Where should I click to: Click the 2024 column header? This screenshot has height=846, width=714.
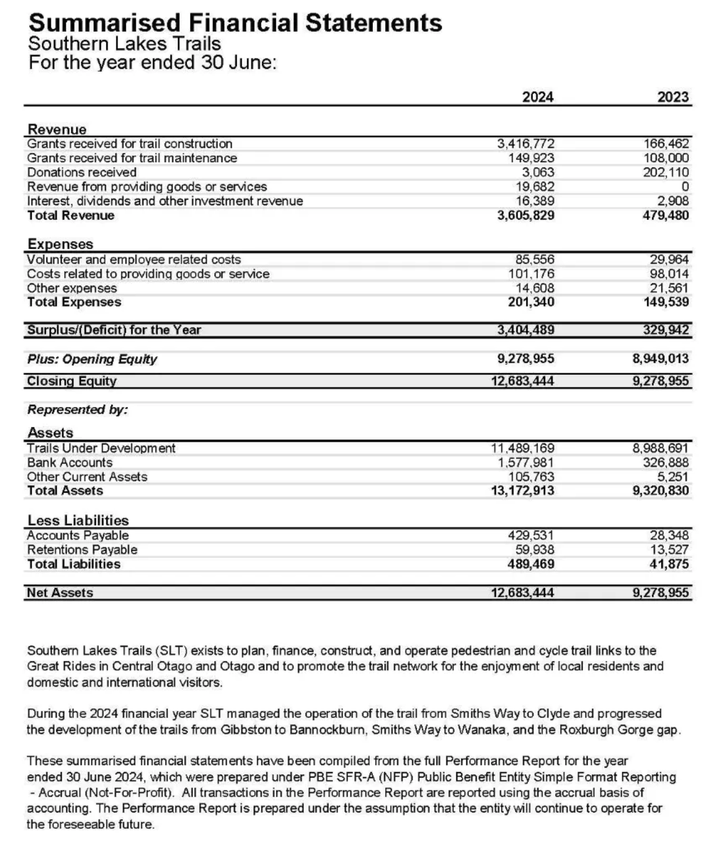pyautogui.click(x=537, y=97)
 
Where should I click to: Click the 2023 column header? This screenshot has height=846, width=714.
pyautogui.click(x=673, y=97)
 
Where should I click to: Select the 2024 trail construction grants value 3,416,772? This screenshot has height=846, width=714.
pyautogui.click(x=525, y=144)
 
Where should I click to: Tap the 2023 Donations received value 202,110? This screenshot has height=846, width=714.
pyautogui.click(x=665, y=173)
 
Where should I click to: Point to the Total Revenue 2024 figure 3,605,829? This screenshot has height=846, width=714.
pyautogui.click(x=525, y=216)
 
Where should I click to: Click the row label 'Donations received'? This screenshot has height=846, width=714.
pyautogui.click(x=82, y=173)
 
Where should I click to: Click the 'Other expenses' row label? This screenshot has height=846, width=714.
pyautogui.click(x=72, y=288)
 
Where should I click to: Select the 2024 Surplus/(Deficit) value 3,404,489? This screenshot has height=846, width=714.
pyautogui.click(x=525, y=330)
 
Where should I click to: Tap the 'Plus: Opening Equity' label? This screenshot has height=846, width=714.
pyautogui.click(x=92, y=360)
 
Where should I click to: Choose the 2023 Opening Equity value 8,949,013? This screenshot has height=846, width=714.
pyautogui.click(x=660, y=359)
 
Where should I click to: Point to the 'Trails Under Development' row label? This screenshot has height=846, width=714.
pyautogui.click(x=101, y=448)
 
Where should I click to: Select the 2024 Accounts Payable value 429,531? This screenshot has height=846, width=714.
pyautogui.click(x=530, y=536)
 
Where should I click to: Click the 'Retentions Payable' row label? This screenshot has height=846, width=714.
pyautogui.click(x=82, y=550)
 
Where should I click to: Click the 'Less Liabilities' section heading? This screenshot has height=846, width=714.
pyautogui.click(x=78, y=521)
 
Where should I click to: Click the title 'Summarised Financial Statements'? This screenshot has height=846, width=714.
pyautogui.click(x=235, y=23)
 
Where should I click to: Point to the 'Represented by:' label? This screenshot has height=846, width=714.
pyautogui.click(x=77, y=410)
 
